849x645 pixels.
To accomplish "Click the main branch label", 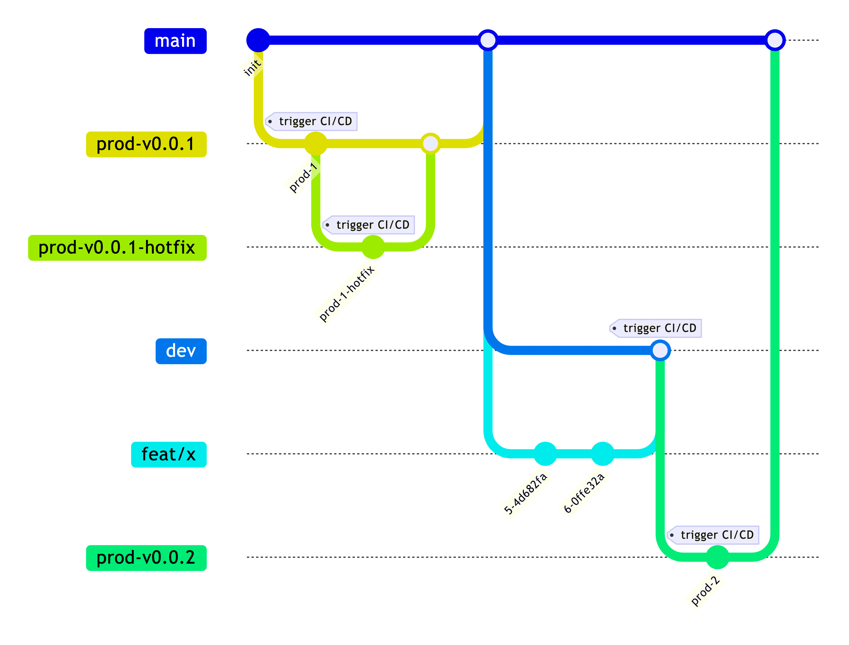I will (x=175, y=41).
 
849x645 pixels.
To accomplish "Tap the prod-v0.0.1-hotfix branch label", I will (x=117, y=248).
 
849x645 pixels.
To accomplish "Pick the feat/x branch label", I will (x=168, y=454).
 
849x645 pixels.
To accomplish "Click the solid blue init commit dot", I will (x=258, y=40).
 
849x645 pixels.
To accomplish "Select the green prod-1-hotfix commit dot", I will (x=373, y=247).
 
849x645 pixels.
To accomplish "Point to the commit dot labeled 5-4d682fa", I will (x=545, y=454).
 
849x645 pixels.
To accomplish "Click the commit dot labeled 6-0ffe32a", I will (x=602, y=454).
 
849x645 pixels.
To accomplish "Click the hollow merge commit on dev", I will (x=660, y=350).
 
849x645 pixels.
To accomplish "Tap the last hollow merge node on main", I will (x=775, y=40).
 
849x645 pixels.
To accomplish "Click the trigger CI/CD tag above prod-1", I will (x=312, y=121).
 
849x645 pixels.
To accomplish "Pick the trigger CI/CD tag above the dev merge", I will (x=656, y=328).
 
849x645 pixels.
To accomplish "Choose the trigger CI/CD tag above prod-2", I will (x=713, y=535).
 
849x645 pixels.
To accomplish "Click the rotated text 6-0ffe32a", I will (x=584, y=493).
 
